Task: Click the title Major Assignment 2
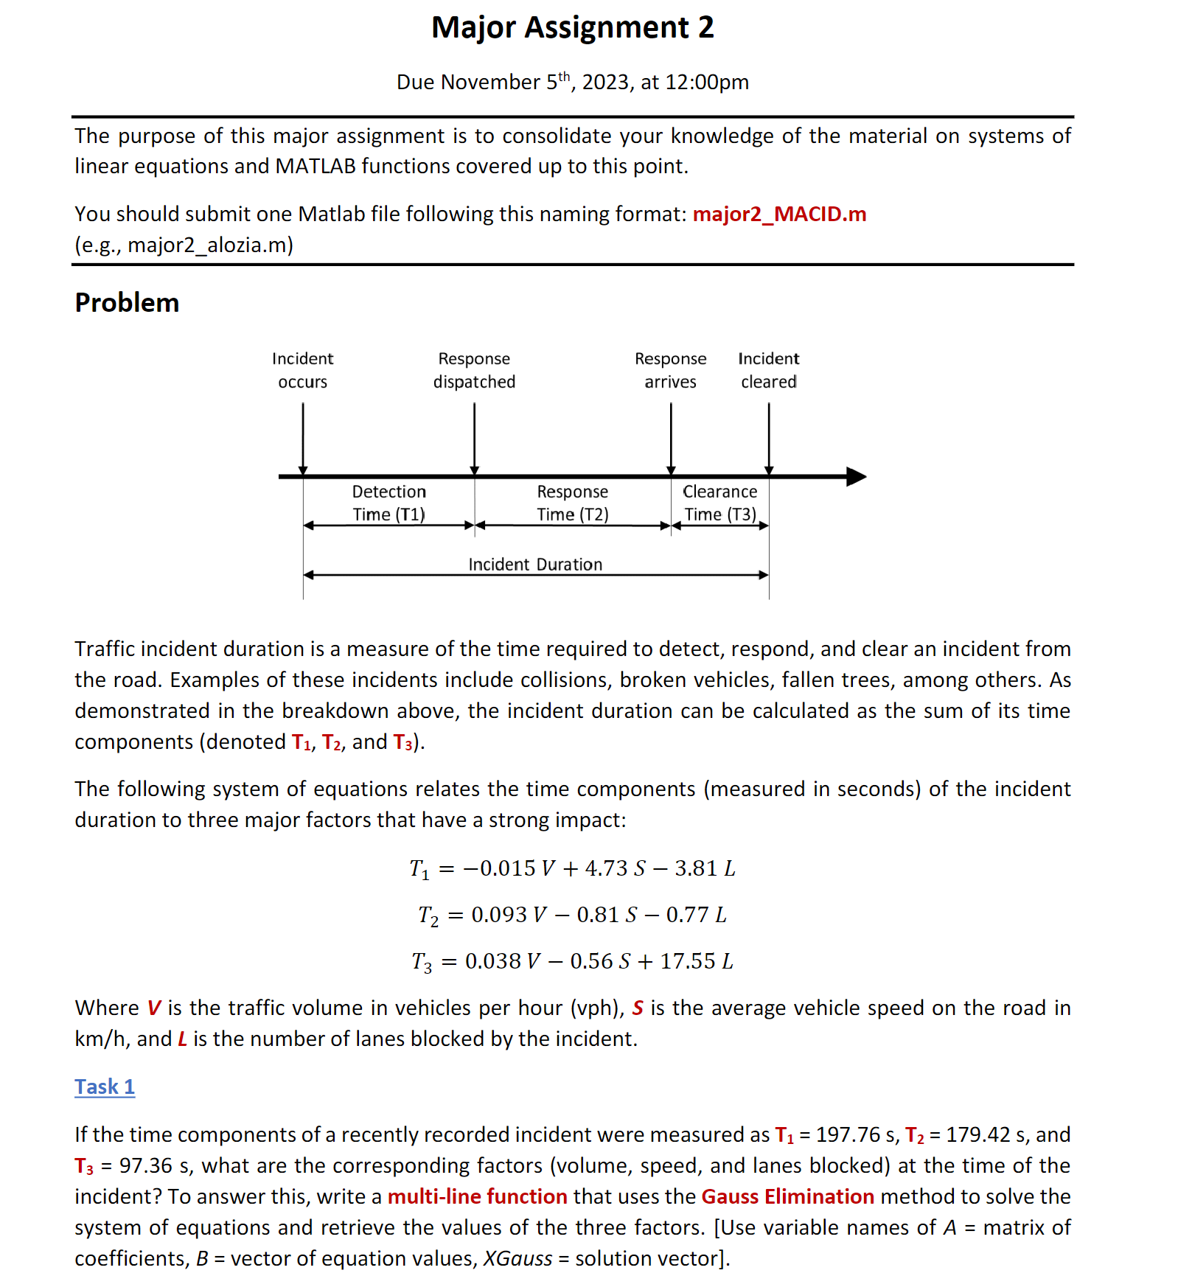tap(572, 28)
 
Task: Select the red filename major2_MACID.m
tap(779, 214)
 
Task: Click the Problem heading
tap(127, 303)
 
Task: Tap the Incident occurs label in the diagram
tap(302, 370)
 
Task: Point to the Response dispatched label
tap(474, 370)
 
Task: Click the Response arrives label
tap(670, 370)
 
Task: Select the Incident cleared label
tap(768, 370)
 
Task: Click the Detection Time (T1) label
tap(388, 503)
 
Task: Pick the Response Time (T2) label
tap(572, 503)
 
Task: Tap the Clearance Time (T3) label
tap(719, 503)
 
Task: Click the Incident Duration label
tap(535, 565)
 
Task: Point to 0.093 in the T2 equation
tap(499, 915)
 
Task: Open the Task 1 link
tap(105, 1087)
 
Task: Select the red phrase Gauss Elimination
tap(787, 1196)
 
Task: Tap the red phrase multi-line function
tap(477, 1196)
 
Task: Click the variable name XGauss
tap(517, 1258)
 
